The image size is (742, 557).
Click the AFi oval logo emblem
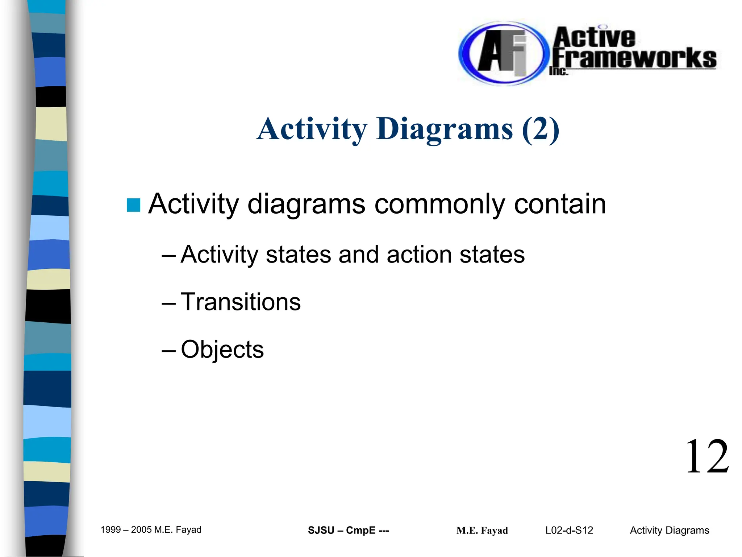point(502,53)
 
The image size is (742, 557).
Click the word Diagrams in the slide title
point(445,129)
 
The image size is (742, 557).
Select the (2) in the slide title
point(541,129)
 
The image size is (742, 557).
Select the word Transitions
point(241,302)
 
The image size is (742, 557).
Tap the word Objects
point(222,349)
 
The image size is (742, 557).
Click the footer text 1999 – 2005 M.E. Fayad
point(151,530)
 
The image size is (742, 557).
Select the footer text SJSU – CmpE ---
point(348,531)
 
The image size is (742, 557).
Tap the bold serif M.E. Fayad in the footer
point(482,531)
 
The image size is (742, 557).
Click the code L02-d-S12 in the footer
point(569,531)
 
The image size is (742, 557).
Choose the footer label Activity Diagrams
point(669,531)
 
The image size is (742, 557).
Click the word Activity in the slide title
point(312,129)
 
